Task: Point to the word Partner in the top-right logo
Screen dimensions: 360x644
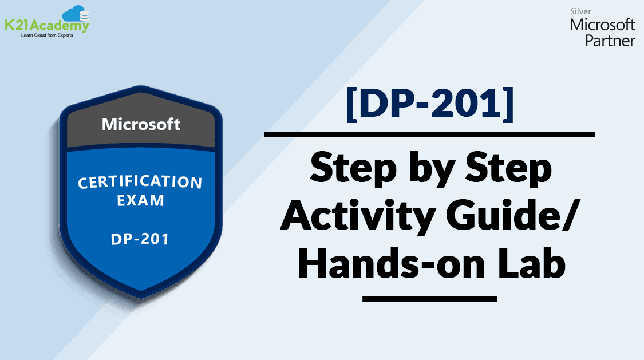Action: pos(610,41)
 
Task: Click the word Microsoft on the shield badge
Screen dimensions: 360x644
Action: pos(141,124)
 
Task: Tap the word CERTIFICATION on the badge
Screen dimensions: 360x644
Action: pos(140,183)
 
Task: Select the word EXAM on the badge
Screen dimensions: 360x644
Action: pos(140,201)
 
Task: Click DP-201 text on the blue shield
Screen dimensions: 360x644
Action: pos(140,239)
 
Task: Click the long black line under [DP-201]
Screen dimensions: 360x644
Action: pos(429,134)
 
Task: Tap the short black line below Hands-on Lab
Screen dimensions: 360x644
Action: pos(429,298)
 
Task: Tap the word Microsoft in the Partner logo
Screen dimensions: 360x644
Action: pos(602,25)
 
